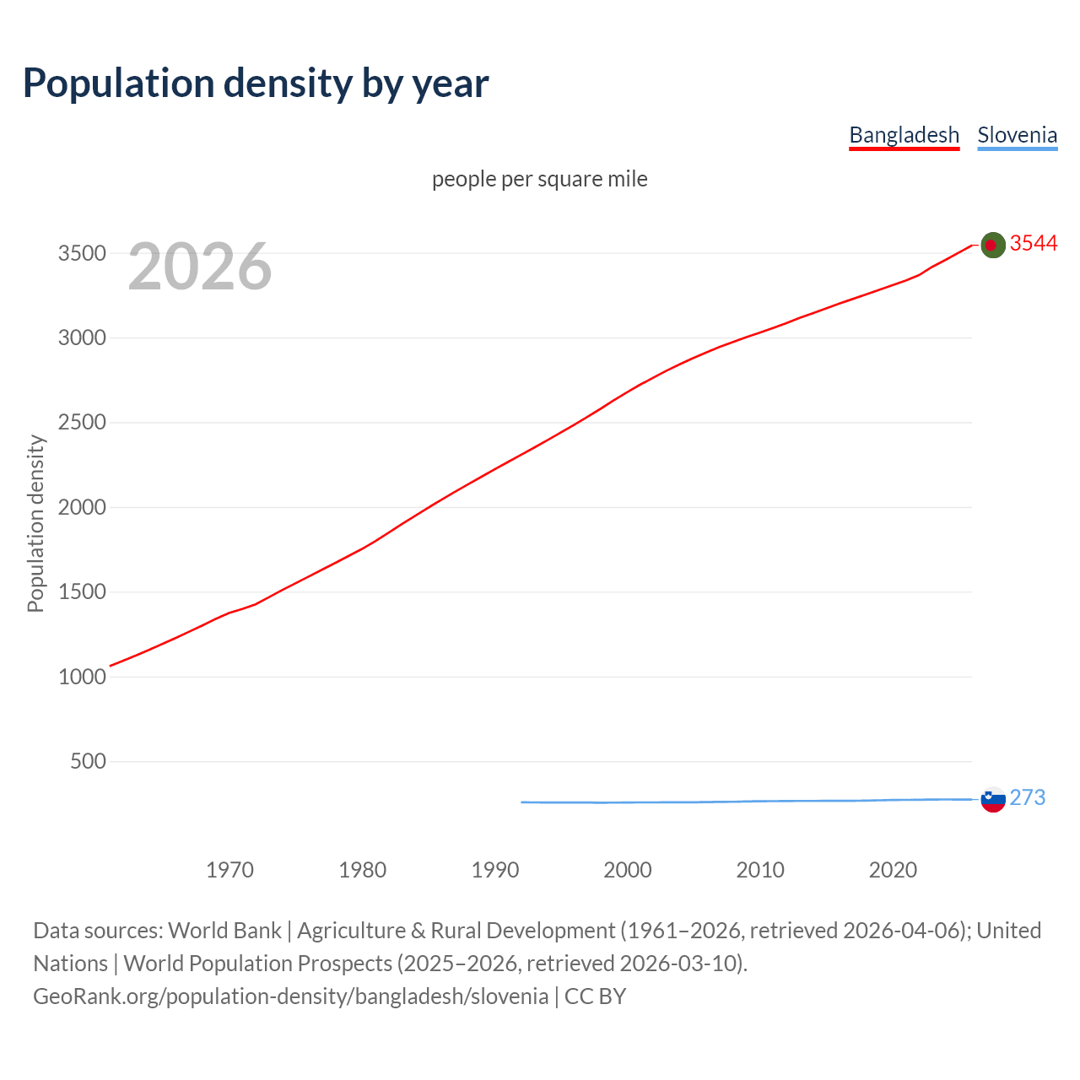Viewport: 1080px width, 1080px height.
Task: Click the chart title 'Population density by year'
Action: pos(256,83)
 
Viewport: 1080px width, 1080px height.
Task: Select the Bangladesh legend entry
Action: pos(904,135)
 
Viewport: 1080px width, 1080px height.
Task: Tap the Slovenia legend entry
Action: pos(1017,135)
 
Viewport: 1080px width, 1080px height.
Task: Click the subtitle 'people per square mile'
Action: pos(539,179)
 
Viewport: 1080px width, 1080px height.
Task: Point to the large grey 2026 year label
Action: pos(200,267)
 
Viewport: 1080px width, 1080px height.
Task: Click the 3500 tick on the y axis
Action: pos(82,253)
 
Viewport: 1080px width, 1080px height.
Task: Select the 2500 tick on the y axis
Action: pos(82,422)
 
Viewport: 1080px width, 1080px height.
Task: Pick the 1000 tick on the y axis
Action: pos(82,677)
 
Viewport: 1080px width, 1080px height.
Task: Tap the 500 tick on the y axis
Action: pos(88,761)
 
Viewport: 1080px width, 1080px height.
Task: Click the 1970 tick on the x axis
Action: pos(229,869)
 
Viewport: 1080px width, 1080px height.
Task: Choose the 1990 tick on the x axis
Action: pos(495,869)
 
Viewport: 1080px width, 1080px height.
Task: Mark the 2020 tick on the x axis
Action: pos(893,869)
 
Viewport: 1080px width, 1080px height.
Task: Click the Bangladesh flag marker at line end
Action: pos(993,245)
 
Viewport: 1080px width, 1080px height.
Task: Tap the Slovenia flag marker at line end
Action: pos(993,799)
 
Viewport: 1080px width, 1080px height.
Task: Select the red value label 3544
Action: pos(1034,243)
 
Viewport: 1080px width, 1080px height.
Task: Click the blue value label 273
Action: pos(1027,797)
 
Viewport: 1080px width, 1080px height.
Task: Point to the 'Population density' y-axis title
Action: pos(35,523)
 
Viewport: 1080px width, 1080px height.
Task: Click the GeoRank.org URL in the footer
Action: pos(290,996)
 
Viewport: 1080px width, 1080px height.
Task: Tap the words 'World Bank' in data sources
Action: pos(224,930)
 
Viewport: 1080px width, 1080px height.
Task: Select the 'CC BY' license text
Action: pos(595,996)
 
